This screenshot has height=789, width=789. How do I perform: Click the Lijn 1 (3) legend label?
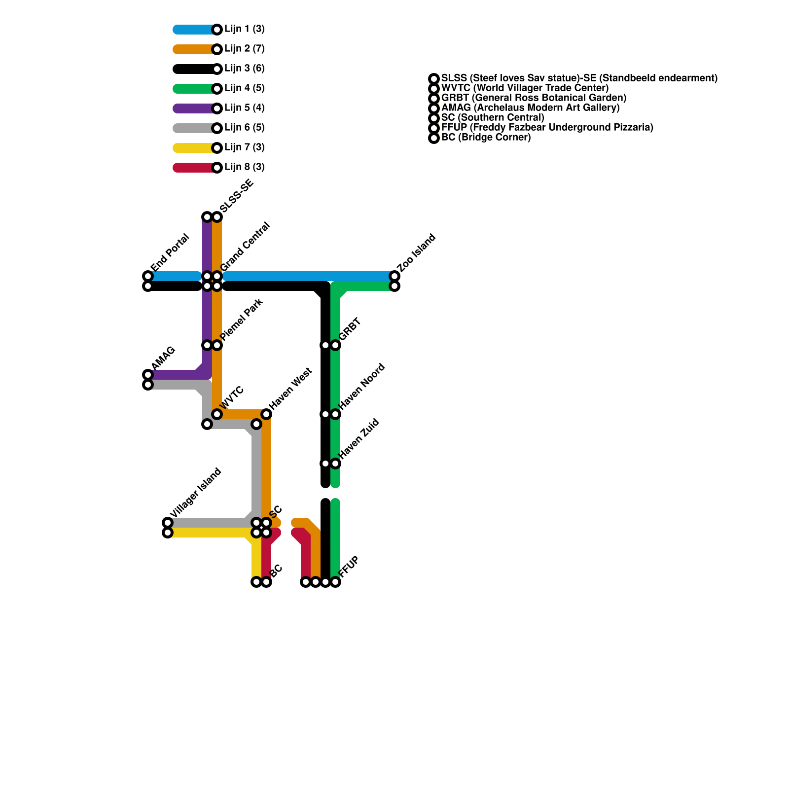[244, 29]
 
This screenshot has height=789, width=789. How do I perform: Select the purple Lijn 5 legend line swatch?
[194, 108]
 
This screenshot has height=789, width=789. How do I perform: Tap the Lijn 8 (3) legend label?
[244, 167]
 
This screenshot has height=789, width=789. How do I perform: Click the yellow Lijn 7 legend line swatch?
[194, 148]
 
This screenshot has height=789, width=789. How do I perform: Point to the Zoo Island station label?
[417, 253]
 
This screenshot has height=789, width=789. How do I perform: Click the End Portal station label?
[170, 253]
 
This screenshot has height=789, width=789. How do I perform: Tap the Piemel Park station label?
[242, 320]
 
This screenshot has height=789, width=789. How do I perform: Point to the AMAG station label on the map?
[163, 358]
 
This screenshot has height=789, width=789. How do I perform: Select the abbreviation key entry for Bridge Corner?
[486, 138]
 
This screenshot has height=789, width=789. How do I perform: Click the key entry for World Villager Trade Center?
[525, 88]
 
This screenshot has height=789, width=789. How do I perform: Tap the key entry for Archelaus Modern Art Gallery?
[530, 108]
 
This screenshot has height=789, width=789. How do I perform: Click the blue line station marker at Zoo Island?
[394, 276]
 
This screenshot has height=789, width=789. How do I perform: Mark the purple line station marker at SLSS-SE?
[207, 217]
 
